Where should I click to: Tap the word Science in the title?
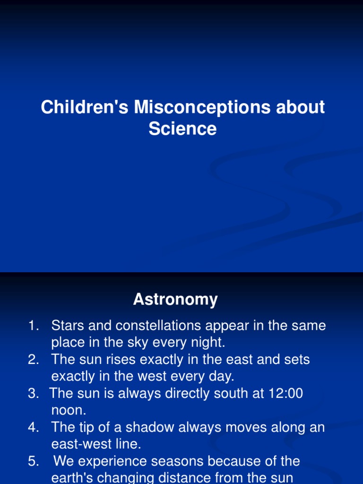(x=182, y=129)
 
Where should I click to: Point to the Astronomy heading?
(x=175, y=299)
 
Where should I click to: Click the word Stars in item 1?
(x=68, y=326)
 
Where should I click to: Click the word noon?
(x=69, y=410)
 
